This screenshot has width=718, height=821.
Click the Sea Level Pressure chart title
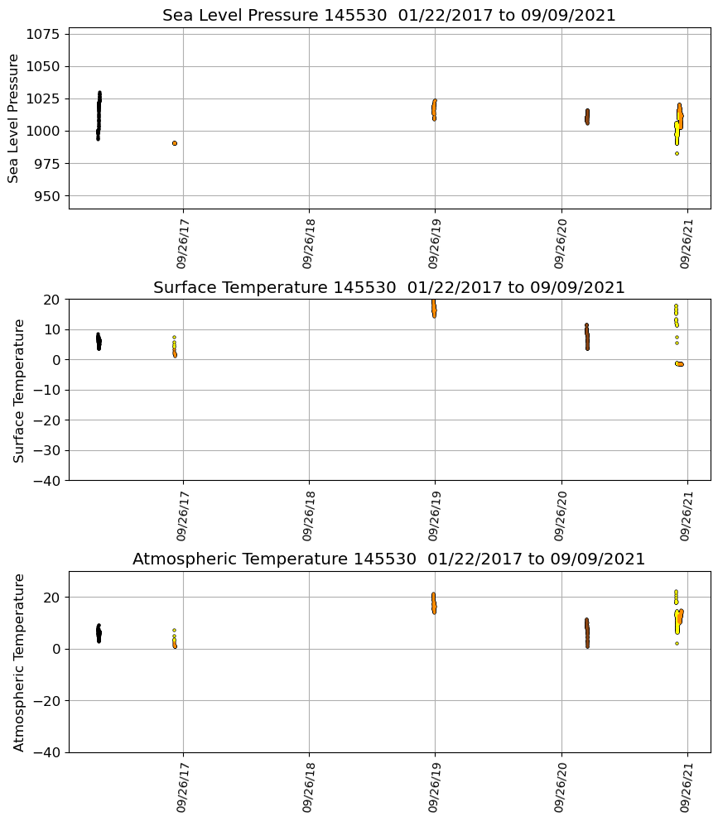[x=389, y=16]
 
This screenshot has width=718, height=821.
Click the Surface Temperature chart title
[x=389, y=288]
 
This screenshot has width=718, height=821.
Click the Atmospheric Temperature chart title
[x=389, y=559]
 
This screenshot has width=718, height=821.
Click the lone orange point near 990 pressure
[x=175, y=143]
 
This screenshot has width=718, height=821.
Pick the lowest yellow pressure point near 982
[x=677, y=153]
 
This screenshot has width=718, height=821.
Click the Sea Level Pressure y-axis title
[x=14, y=118]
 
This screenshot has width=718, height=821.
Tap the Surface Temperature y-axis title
[x=19, y=390]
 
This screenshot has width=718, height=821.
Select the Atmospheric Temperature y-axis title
[x=19, y=662]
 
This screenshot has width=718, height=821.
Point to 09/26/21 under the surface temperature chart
[x=687, y=516]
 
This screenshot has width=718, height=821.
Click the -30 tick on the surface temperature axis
[x=44, y=451]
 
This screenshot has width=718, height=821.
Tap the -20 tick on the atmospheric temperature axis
[x=44, y=701]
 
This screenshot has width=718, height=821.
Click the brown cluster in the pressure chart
[x=587, y=116]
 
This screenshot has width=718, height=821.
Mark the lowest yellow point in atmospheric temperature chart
[x=677, y=643]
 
